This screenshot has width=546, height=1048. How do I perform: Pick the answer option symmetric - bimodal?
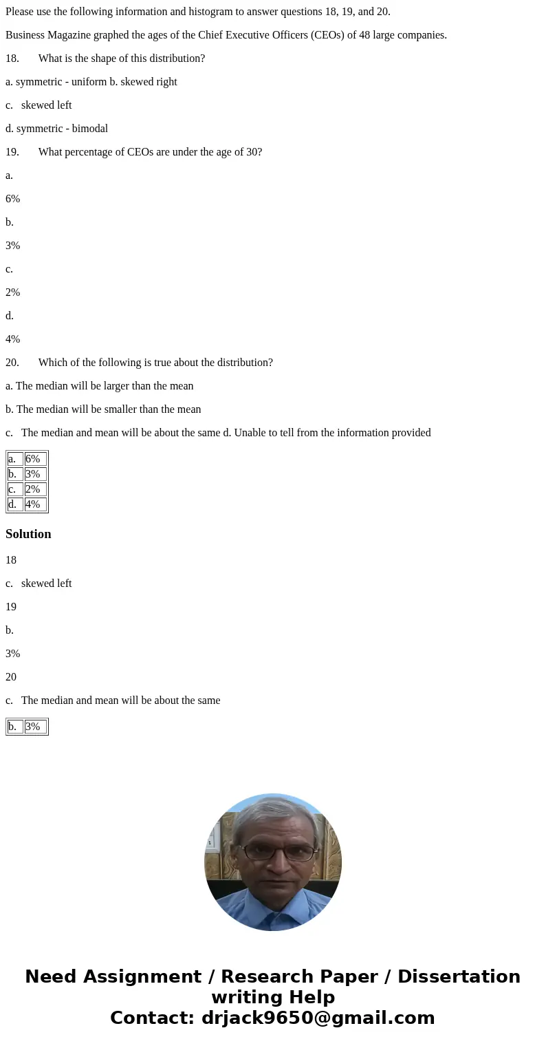coord(62,129)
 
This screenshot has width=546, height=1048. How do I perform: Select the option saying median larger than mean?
coord(105,386)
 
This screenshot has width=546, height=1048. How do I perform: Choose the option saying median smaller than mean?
coord(109,409)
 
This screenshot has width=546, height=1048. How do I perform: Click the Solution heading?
coord(28,534)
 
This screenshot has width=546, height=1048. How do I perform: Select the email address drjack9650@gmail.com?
coord(318,1018)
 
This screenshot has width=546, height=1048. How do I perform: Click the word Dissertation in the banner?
coord(459,977)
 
